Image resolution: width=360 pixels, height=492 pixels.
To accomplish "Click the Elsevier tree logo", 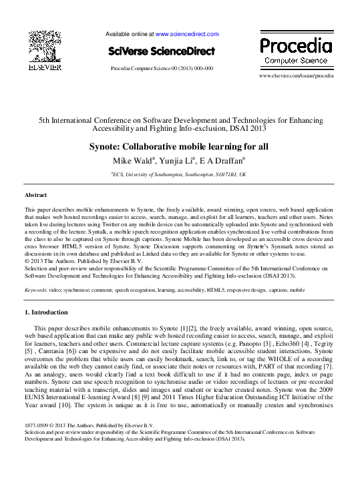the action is [45, 47].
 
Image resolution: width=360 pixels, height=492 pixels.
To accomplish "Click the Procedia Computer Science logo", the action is [295, 50].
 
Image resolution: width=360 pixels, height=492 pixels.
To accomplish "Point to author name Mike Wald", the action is [134, 161].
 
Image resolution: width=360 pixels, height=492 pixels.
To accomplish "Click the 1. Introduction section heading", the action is [49, 312].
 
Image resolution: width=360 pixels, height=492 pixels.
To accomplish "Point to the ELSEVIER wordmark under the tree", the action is [45, 67].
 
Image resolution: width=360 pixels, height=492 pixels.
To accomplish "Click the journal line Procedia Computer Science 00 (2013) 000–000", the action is [162, 68].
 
